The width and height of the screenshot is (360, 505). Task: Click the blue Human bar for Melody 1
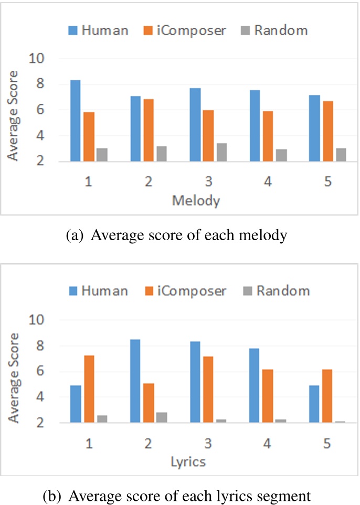point(76,121)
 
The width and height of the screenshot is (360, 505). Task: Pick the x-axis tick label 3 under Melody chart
point(208,182)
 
